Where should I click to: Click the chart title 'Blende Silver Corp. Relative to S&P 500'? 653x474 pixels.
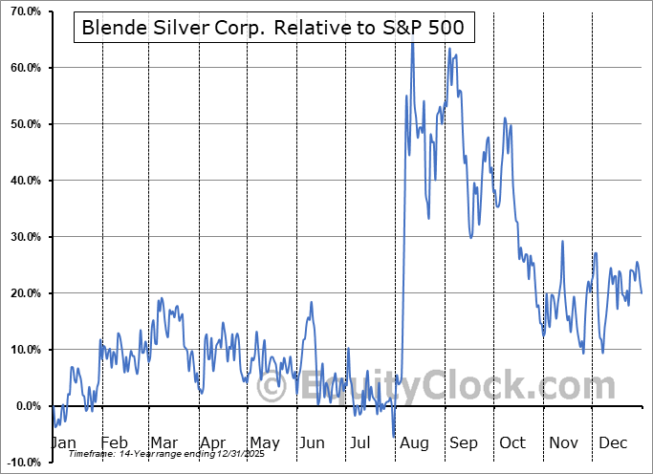[x=272, y=28]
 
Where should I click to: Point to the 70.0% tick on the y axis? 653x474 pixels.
[x=22, y=12]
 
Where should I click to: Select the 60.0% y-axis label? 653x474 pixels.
[x=22, y=69]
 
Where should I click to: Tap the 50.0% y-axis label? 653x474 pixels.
[x=22, y=125]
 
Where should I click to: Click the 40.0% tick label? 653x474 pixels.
[x=22, y=182]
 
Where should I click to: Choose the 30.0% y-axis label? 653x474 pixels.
[x=22, y=238]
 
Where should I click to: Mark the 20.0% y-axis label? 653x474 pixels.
[x=22, y=294]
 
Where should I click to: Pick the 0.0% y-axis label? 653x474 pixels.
[x=25, y=407]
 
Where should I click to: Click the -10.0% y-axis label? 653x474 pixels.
[x=20, y=463]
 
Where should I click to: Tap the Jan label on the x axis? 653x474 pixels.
[x=63, y=442]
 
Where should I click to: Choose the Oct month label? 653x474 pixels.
[x=512, y=442]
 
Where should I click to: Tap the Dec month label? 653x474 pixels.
[x=613, y=442]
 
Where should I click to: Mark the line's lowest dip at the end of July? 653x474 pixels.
[x=394, y=436]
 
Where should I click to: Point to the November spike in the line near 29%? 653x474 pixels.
[x=562, y=242]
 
